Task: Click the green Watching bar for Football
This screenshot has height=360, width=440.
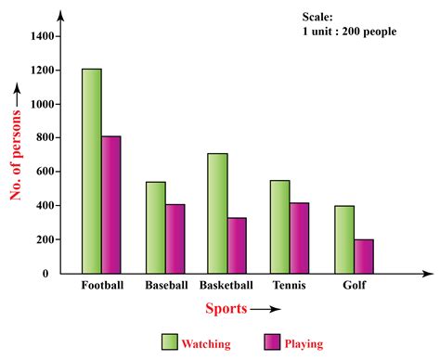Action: pyautogui.click(x=91, y=171)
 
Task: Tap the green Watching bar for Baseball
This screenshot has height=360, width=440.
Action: pyautogui.click(x=156, y=227)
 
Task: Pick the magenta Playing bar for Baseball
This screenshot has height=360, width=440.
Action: pyautogui.click(x=175, y=238)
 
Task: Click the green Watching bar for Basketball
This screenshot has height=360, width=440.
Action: pyautogui.click(x=216, y=213)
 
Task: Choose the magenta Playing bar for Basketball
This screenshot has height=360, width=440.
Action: pyautogui.click(x=237, y=246)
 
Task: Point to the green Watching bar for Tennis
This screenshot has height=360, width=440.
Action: pyautogui.click(x=278, y=226)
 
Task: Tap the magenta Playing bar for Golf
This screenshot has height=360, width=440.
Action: pyautogui.click(x=363, y=256)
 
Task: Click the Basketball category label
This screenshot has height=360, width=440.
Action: pyautogui.click(x=227, y=285)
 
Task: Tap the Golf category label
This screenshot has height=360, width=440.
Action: pyautogui.click(x=353, y=285)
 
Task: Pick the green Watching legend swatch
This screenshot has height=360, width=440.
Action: pyautogui.click(x=169, y=342)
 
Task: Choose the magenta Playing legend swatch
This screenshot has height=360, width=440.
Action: pyautogui.click(x=272, y=342)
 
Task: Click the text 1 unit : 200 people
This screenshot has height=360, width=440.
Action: pyautogui.click(x=350, y=31)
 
